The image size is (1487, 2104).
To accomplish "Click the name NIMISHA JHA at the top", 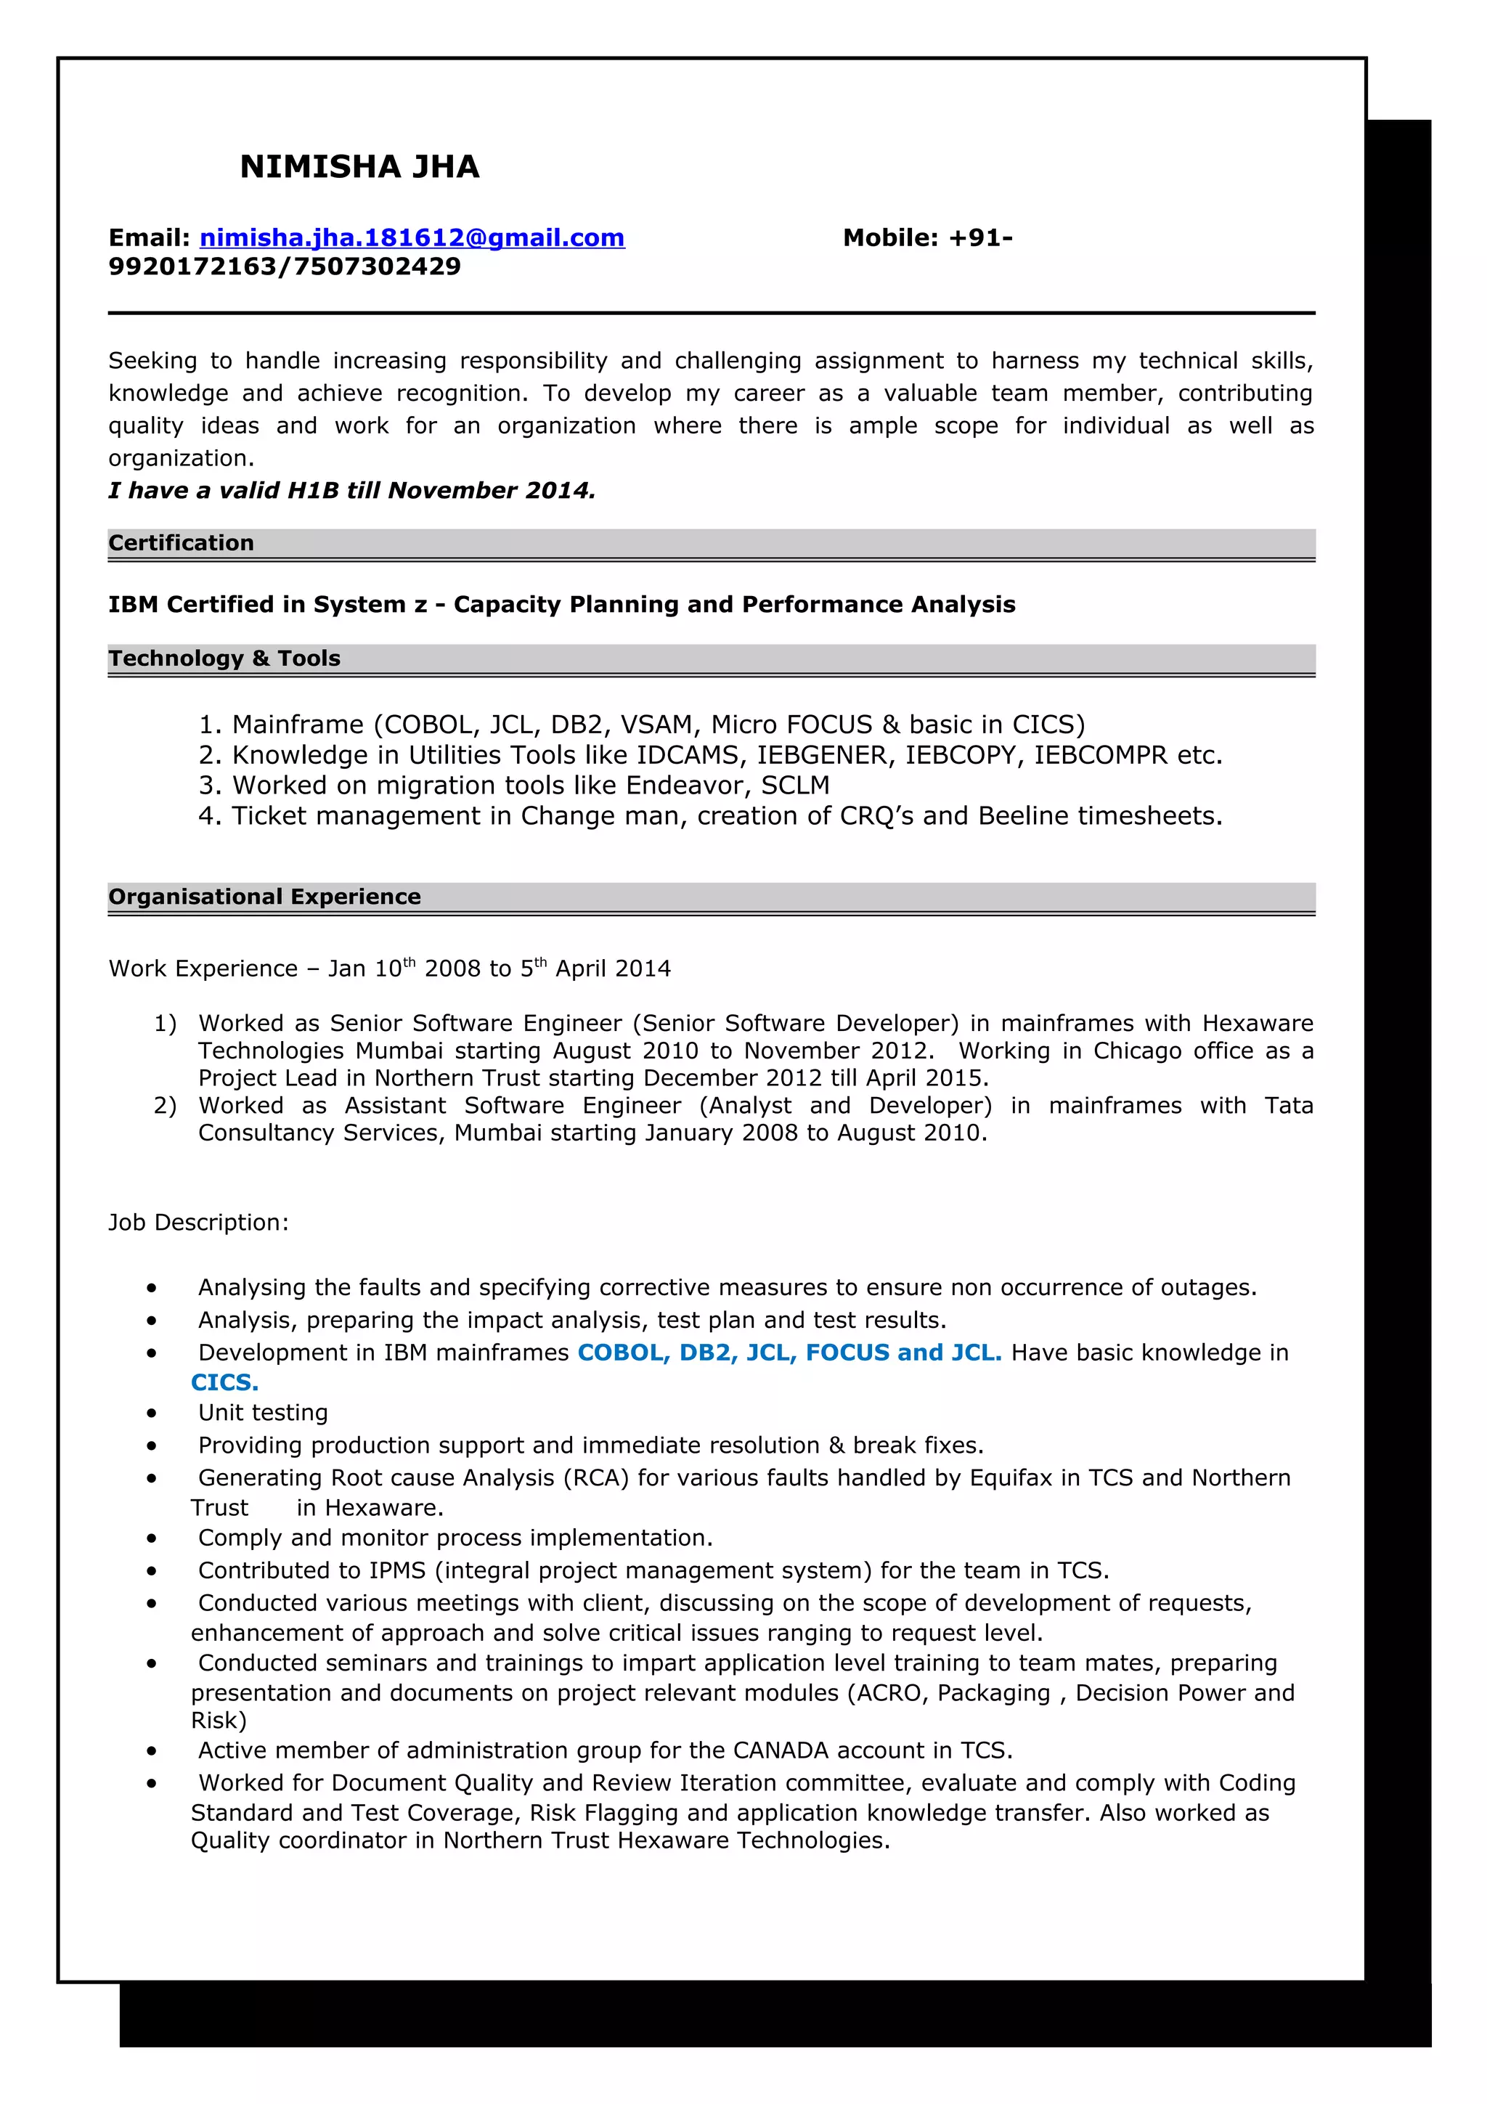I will point(359,167).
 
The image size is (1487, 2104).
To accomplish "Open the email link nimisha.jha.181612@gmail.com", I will point(412,238).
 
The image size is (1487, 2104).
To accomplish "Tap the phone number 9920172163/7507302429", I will point(285,266).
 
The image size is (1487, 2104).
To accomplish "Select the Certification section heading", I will point(182,542).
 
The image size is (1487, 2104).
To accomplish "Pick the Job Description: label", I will point(198,1223).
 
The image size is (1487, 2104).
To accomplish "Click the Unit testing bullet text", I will point(263,1412).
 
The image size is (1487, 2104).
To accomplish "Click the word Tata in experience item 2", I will point(1287,1105).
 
